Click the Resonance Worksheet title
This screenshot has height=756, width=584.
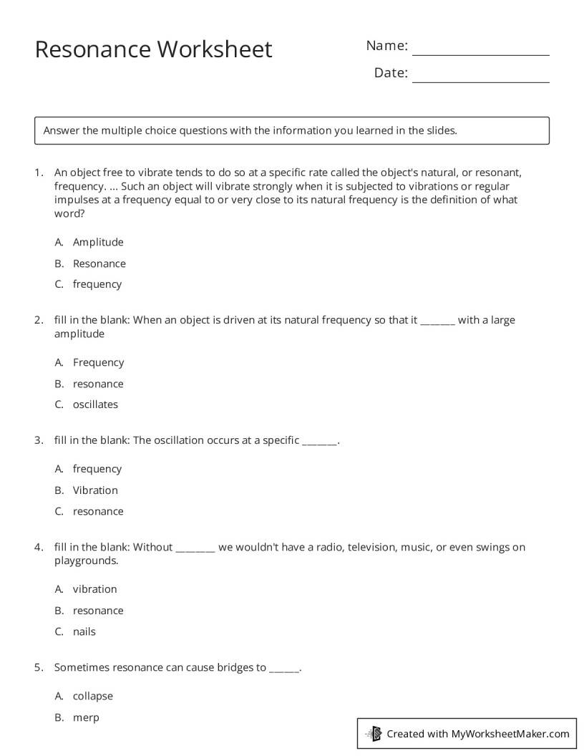(153, 49)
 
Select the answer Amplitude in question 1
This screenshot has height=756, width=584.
(98, 242)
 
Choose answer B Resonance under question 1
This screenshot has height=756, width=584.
(99, 263)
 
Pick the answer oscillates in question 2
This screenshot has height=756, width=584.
(95, 404)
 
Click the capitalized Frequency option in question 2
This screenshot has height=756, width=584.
(98, 363)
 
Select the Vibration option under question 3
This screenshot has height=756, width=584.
(95, 490)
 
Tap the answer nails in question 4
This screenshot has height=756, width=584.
(84, 631)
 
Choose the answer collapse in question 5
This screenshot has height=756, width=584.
(93, 696)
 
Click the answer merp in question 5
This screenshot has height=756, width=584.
(86, 717)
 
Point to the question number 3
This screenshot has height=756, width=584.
(38, 440)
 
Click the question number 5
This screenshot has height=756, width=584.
(38, 667)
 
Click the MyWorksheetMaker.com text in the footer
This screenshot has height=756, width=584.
(510, 733)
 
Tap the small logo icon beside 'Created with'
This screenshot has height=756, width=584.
(374, 733)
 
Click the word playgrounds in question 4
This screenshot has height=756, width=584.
(85, 561)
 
